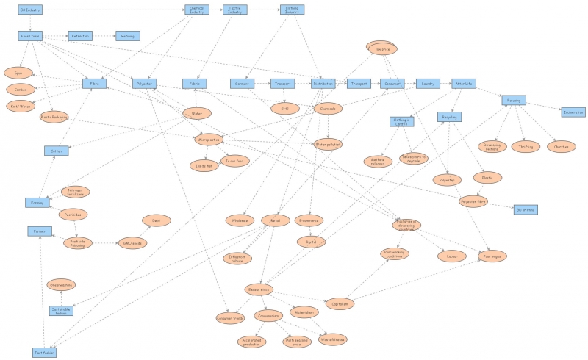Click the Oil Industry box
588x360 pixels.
(31, 10)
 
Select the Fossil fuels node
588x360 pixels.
(31, 35)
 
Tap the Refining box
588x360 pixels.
(126, 35)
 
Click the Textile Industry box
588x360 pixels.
(234, 10)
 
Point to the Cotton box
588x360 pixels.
(56, 151)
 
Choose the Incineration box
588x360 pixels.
(573, 112)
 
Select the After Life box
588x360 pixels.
(464, 84)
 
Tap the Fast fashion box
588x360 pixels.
(45, 353)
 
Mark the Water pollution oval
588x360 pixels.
(328, 143)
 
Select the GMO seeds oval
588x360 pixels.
(133, 241)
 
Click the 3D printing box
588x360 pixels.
(525, 209)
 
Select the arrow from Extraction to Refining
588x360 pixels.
(103, 35)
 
